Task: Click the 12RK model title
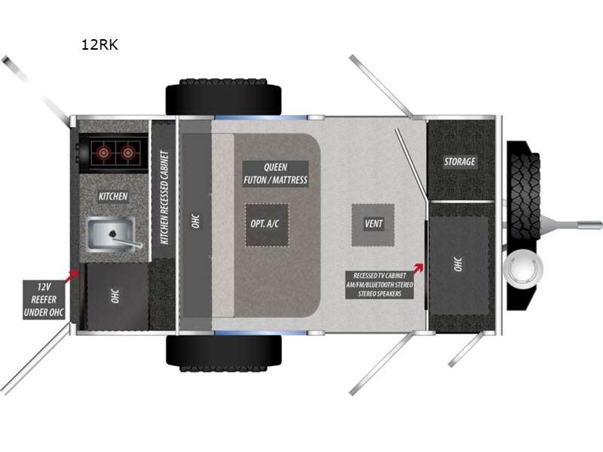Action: click(x=99, y=44)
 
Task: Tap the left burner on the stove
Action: click(x=103, y=153)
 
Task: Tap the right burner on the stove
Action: click(x=127, y=153)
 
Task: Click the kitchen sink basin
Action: click(x=112, y=234)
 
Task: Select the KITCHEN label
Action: click(x=113, y=197)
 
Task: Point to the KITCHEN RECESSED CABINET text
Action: click(x=164, y=197)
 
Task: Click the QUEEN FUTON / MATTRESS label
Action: click(x=275, y=174)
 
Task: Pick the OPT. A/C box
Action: click(x=267, y=224)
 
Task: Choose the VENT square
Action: click(x=373, y=224)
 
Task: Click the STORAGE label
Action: click(x=460, y=161)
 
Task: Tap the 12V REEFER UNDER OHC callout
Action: click(x=44, y=300)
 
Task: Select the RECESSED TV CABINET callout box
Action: click(x=380, y=285)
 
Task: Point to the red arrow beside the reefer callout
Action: click(x=72, y=276)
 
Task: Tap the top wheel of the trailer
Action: click(x=223, y=97)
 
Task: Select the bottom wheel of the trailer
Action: click(x=223, y=353)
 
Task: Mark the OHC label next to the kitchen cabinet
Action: click(x=195, y=221)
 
